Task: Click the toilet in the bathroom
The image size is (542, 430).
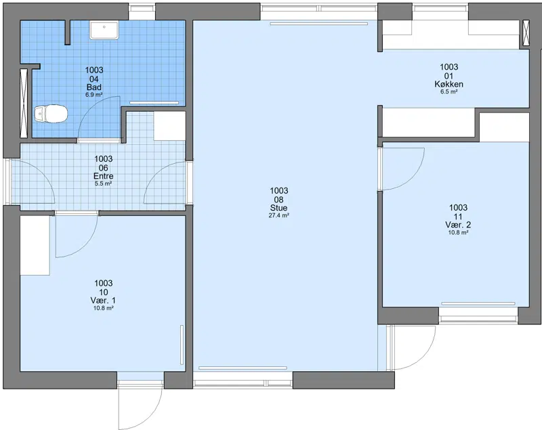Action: click(51, 114)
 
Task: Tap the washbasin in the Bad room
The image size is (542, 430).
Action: click(104, 30)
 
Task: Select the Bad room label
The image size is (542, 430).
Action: click(94, 87)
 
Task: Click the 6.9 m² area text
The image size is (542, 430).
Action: click(94, 95)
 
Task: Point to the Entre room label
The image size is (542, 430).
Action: click(104, 176)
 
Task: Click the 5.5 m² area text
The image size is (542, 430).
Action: click(104, 184)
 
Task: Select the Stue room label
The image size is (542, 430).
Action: click(278, 208)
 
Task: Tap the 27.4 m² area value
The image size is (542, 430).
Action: click(278, 215)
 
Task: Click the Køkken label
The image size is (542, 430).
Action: click(449, 84)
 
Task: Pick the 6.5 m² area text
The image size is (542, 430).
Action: click(449, 91)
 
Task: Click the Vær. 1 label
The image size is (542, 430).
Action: click(104, 300)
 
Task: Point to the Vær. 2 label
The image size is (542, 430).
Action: click(458, 225)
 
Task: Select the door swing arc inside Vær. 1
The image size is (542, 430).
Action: click(87, 246)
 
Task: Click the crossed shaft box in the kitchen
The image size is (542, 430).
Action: click(526, 33)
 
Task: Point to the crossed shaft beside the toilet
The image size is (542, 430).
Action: click(24, 104)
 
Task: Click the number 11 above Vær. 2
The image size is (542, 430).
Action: click(458, 217)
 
